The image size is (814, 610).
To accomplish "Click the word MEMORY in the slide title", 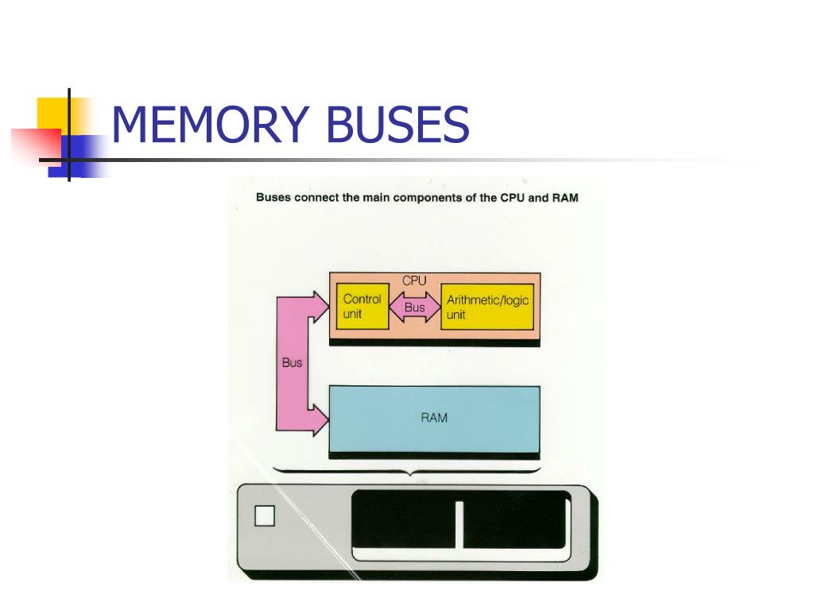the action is pos(208,125).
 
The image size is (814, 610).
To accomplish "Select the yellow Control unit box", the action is pos(362,307).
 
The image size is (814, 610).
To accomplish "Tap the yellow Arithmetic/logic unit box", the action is pos(486,307).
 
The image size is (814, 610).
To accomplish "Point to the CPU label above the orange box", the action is pos(414,280).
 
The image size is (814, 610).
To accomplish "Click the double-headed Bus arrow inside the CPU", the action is pos(414,307).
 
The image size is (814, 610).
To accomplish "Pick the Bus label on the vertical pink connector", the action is pos(292,363).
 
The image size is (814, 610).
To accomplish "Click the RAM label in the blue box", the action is pos(434,417).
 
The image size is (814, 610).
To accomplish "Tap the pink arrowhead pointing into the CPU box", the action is pos(320,306).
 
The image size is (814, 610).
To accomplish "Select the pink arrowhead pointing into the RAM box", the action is pos(320,419).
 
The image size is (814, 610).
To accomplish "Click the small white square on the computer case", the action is pos(264,516).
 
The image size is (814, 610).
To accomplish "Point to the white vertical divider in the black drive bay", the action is pos(459,525).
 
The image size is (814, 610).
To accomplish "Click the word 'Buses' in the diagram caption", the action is pos(273,198).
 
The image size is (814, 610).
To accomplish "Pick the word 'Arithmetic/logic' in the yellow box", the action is pos(487,300).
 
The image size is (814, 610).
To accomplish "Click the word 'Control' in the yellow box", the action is pos(362,299).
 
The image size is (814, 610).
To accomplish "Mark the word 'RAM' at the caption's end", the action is pos(564,198).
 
